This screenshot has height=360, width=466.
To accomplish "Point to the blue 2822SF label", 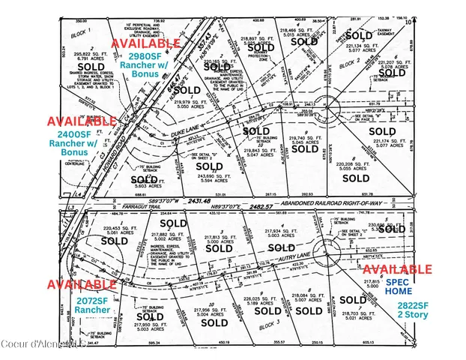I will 412,305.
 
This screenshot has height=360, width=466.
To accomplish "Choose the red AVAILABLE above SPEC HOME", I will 398,269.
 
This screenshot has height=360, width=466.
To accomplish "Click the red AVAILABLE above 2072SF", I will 81,285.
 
